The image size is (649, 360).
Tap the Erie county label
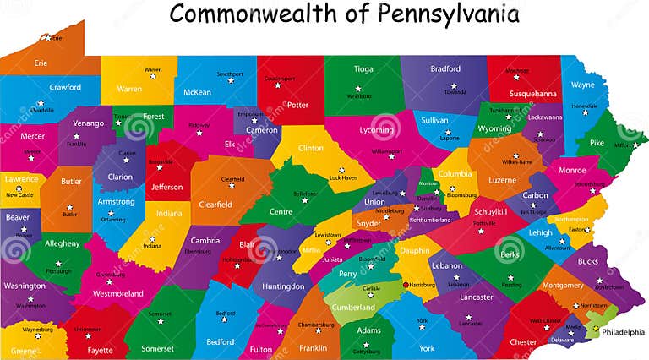click(40, 63)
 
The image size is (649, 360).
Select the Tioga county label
click(363, 69)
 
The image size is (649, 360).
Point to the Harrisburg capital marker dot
click(406, 284)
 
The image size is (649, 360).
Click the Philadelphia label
click(623, 332)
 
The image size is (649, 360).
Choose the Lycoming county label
click(376, 130)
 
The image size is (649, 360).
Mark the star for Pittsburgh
click(58, 265)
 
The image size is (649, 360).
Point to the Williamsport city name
click(387, 151)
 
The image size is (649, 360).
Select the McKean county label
click(197, 92)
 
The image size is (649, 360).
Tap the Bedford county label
click(220, 341)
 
